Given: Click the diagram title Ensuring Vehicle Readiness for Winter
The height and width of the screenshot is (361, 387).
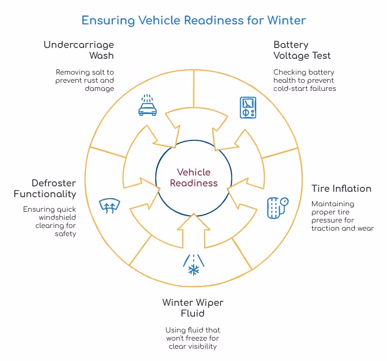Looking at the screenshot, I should click(193, 20).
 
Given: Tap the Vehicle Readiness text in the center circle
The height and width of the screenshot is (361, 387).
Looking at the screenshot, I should click(193, 177).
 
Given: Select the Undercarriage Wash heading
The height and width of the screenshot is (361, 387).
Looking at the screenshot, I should click(79, 50).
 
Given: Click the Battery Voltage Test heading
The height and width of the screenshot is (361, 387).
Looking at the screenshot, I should click(302, 50).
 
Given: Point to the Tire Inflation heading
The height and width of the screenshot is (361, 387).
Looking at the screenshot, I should click(341, 188).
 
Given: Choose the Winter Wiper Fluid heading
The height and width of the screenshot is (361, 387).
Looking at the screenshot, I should click(193, 308).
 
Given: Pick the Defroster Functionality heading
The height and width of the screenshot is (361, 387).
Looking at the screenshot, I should click(45, 188).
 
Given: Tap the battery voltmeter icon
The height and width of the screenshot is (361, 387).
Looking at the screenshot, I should click(247, 108).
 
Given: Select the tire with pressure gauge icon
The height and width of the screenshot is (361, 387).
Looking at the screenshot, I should click(277, 207).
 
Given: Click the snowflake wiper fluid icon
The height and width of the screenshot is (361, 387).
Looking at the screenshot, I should click(193, 265).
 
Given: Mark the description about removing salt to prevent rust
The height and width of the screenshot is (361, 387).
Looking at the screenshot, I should click(85, 80).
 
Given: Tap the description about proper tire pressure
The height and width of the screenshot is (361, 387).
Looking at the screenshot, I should click(342, 216).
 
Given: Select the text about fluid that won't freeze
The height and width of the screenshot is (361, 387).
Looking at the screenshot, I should click(193, 338).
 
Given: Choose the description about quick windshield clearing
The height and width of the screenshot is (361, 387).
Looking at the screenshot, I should click(50, 222).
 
